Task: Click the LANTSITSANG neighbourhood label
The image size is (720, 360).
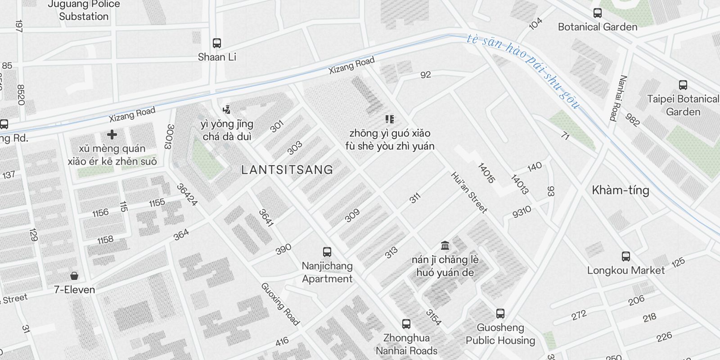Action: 287,170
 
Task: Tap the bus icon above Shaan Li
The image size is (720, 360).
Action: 217,43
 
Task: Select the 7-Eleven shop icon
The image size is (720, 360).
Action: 74,275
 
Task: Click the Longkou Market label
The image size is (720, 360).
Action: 625,270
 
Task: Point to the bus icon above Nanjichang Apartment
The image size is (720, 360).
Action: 327,252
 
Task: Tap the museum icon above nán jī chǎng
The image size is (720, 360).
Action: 445,246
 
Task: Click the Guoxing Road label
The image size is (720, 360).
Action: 280,304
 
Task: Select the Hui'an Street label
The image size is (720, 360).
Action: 469,192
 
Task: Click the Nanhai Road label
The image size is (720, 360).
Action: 618,98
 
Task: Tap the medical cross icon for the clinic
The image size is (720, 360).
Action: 112,135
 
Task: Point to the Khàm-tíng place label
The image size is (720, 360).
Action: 621,190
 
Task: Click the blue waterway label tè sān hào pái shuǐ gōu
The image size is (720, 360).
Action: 523,71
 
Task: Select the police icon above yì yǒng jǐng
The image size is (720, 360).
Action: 226,109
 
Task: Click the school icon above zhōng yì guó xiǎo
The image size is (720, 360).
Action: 390,119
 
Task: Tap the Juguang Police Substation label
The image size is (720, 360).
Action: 84,10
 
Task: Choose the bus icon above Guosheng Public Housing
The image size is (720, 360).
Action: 500,314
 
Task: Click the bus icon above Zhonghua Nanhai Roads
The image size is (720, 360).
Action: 406,324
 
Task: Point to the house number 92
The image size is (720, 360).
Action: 426,75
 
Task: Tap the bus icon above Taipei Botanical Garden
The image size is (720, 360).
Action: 683,85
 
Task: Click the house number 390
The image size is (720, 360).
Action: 283,249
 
